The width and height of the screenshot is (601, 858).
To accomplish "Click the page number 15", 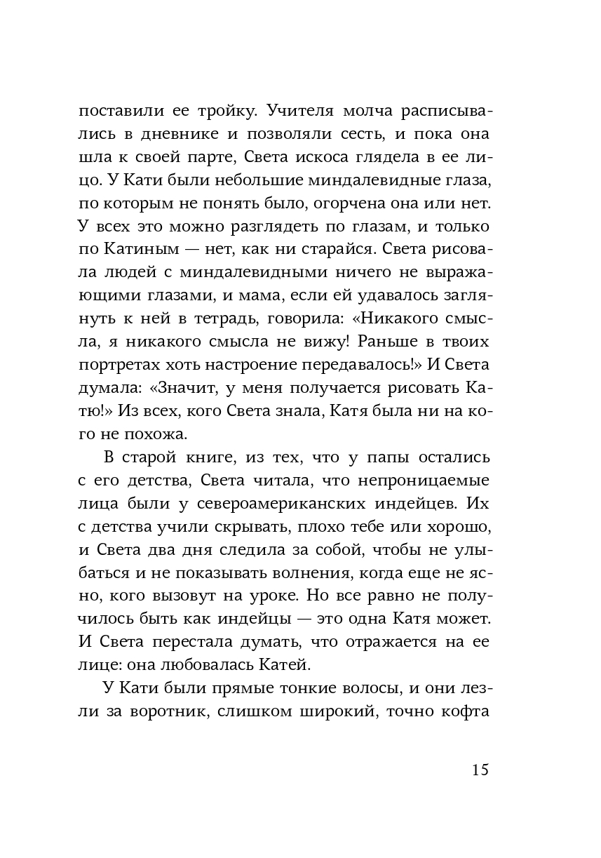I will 480,770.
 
